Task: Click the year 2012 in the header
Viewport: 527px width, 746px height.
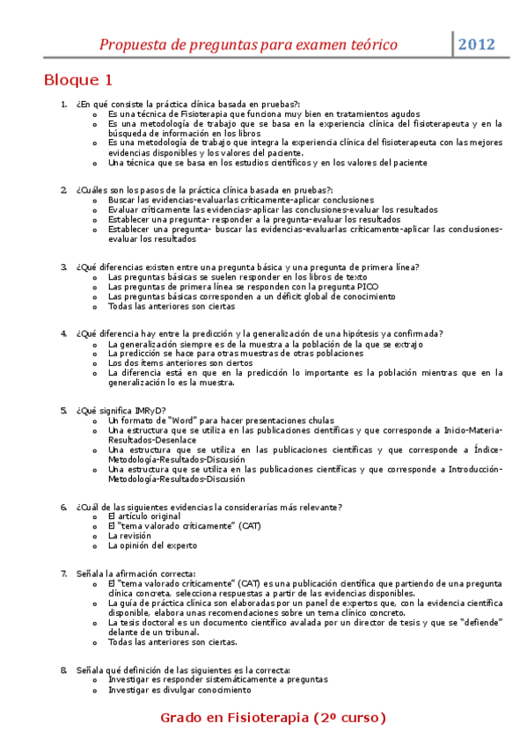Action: [477, 45]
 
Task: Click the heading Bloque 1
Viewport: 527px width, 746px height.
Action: [78, 80]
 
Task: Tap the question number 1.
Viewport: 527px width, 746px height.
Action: [63, 105]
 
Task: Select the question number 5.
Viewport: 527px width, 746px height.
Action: [63, 410]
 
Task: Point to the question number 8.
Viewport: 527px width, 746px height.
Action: [63, 670]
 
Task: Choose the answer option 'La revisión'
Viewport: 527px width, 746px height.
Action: [129, 535]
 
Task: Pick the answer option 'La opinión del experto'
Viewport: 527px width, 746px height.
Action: [152, 545]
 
